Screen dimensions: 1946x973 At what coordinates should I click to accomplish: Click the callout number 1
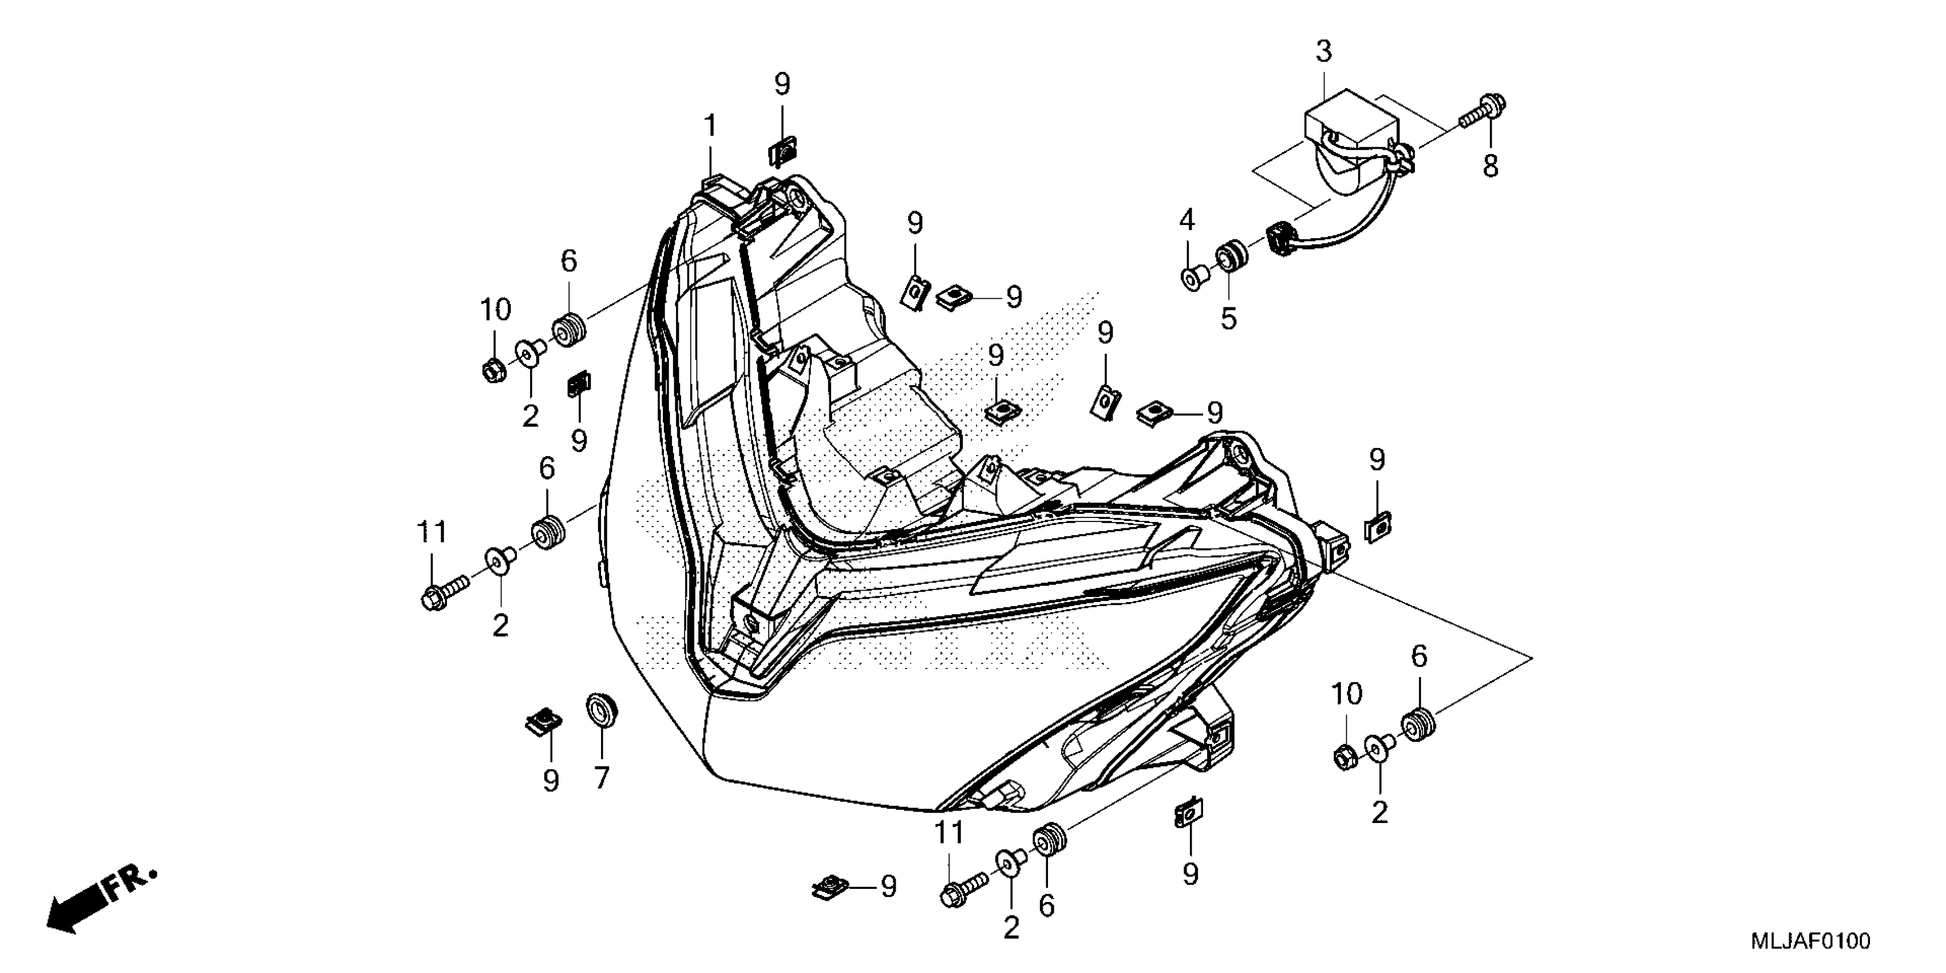pyautogui.click(x=710, y=125)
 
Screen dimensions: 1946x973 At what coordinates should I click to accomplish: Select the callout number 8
pyautogui.click(x=1490, y=166)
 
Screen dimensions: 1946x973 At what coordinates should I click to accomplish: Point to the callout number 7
pyautogui.click(x=602, y=777)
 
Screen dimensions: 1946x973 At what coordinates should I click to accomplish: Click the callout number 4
pyautogui.click(x=1187, y=220)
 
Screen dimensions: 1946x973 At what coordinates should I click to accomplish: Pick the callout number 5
pyautogui.click(x=1229, y=319)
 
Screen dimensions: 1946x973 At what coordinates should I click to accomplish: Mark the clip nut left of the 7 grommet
pyautogui.click(x=543, y=722)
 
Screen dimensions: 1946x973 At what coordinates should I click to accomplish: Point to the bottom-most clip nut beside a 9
pyautogui.click(x=829, y=887)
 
